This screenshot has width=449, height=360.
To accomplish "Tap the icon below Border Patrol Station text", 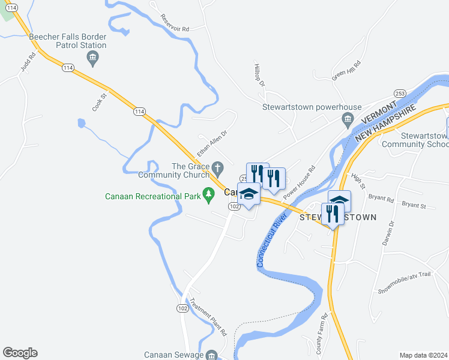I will [92, 58].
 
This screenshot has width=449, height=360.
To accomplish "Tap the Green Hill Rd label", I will [346, 71].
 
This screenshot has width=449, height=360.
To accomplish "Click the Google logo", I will [20, 353].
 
